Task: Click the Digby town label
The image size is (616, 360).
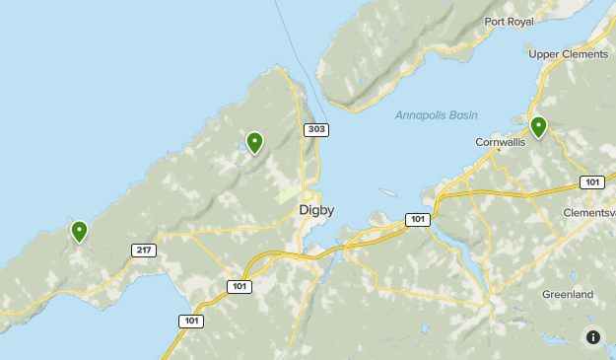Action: (x=318, y=210)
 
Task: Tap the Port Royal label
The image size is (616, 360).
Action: (x=509, y=22)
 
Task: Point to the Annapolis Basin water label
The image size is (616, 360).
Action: (x=436, y=115)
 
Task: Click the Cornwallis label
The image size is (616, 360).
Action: (x=501, y=142)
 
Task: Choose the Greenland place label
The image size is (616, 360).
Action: (x=568, y=295)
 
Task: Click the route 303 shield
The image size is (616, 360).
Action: (x=316, y=130)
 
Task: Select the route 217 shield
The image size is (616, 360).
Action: (x=144, y=251)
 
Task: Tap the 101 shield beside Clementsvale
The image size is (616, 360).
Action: (x=591, y=182)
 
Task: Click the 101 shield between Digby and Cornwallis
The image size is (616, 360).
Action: (x=417, y=219)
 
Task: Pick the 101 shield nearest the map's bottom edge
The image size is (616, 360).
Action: (x=191, y=322)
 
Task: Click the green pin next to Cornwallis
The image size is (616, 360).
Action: (x=538, y=126)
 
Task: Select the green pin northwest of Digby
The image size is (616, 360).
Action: (x=254, y=143)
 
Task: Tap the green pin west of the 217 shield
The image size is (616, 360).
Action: (x=79, y=232)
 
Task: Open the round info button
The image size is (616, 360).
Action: (x=593, y=337)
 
